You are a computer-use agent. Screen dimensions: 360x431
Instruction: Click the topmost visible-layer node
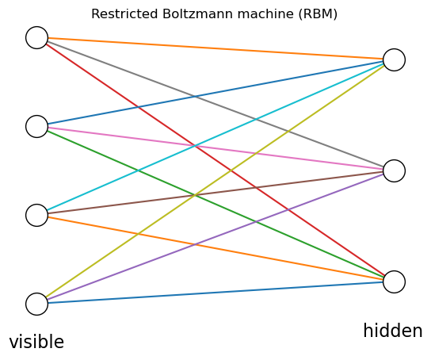point(36,37)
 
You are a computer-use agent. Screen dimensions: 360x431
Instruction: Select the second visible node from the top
point(36,126)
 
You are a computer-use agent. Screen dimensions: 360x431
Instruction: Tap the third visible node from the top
point(36,215)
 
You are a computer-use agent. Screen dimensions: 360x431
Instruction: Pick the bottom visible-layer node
point(36,304)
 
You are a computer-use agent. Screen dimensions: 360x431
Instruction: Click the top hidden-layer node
point(394,59)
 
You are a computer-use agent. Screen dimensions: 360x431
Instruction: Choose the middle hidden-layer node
point(394,170)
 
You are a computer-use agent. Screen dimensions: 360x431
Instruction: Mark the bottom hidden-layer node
point(394,281)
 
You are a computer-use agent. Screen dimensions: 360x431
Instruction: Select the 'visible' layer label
point(36,343)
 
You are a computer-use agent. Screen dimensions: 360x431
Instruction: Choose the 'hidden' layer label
point(393,331)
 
